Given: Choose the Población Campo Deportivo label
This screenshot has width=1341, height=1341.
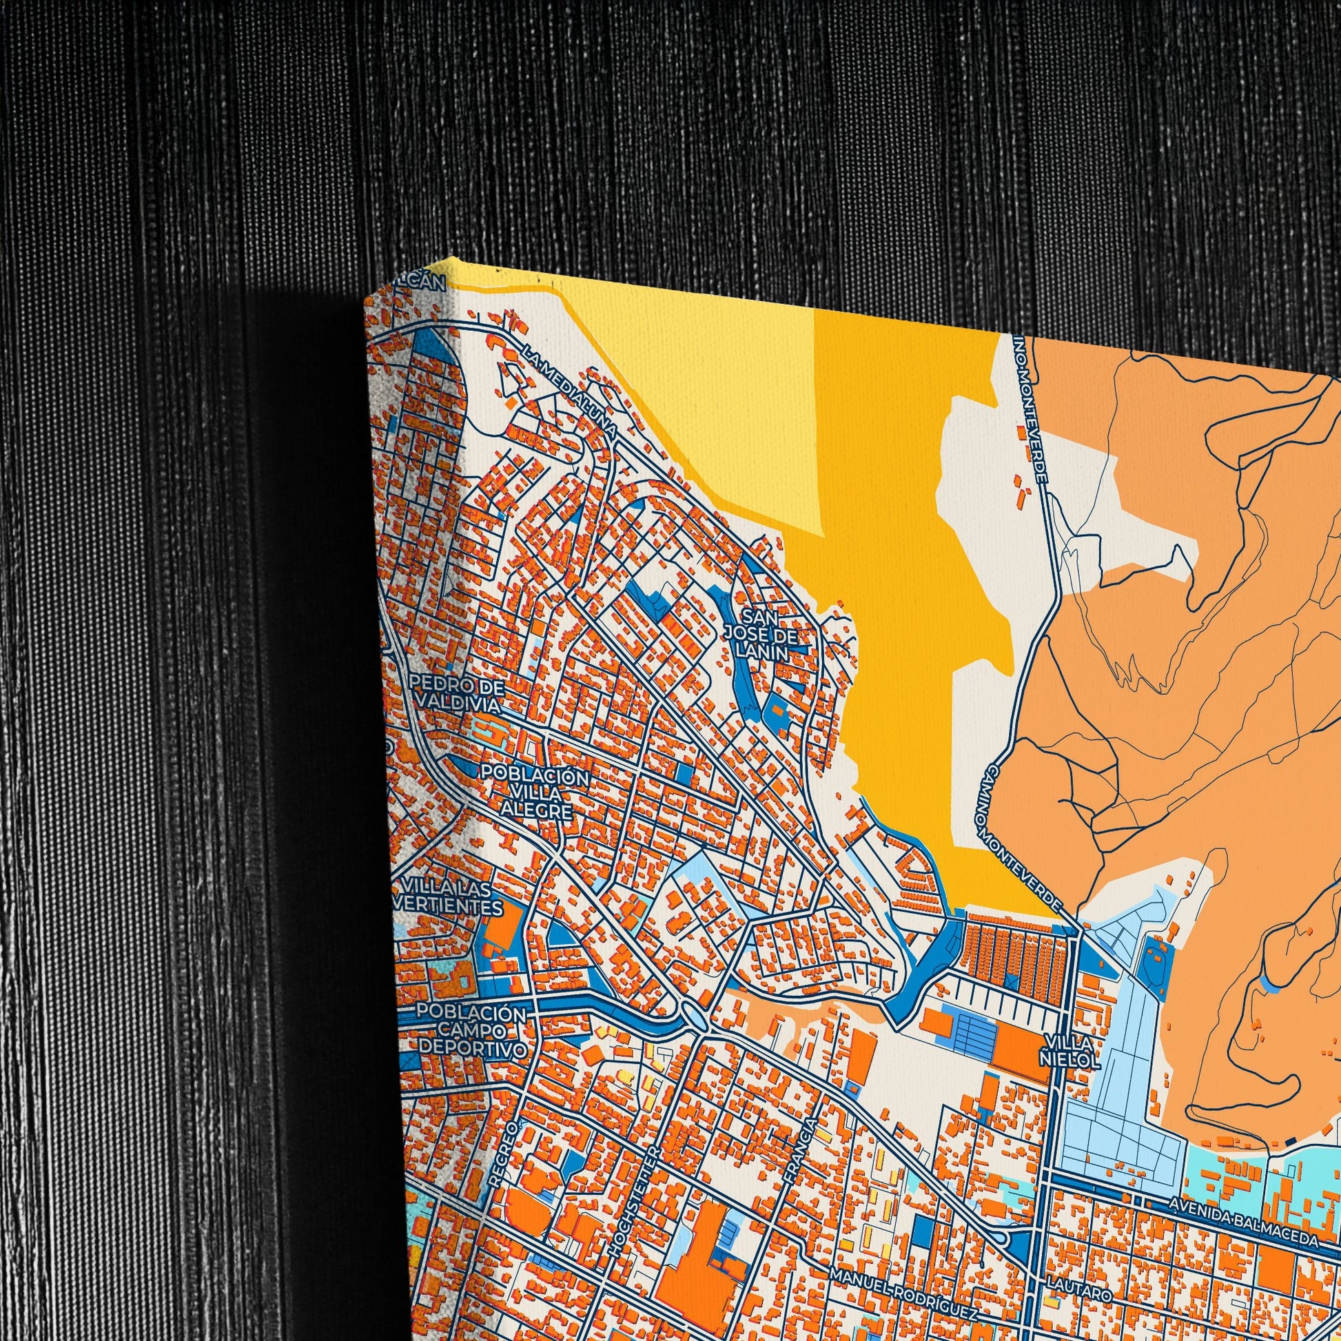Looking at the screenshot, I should click(x=472, y=1031).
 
